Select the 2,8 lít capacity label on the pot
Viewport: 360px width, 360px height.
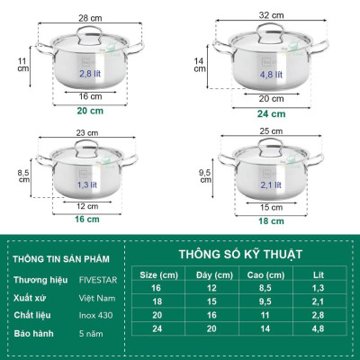click(x=92, y=74)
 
